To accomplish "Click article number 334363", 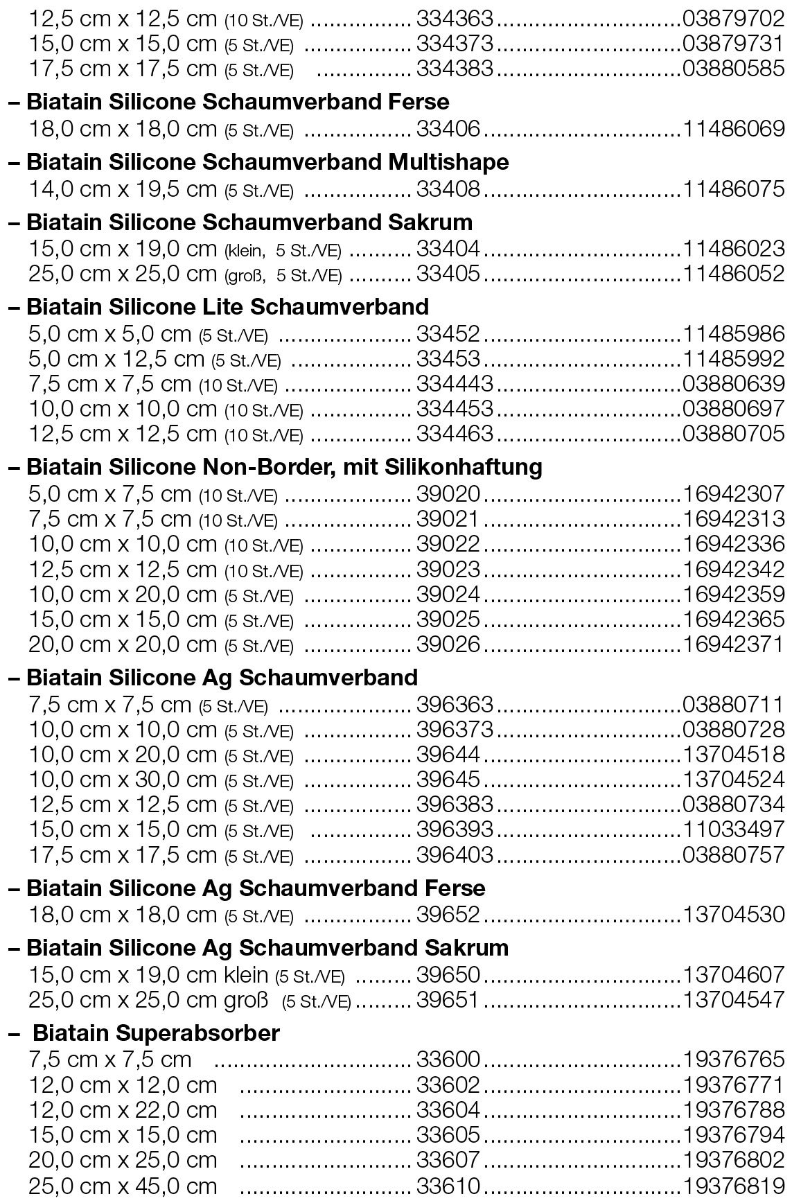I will click(455, 18).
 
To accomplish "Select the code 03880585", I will click(734, 69).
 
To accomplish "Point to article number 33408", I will click(448, 188).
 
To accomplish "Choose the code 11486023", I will click(734, 248).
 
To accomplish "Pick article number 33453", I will click(448, 358).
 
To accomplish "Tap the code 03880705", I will click(734, 434).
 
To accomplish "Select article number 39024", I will click(448, 595).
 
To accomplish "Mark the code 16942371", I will click(734, 644).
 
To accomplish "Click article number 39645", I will click(448, 779).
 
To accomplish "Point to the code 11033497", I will click(734, 829).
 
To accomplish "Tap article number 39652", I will click(448, 914).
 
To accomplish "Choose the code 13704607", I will click(734, 974).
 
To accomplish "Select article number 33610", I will click(448, 1185).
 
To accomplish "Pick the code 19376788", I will click(734, 1109).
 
